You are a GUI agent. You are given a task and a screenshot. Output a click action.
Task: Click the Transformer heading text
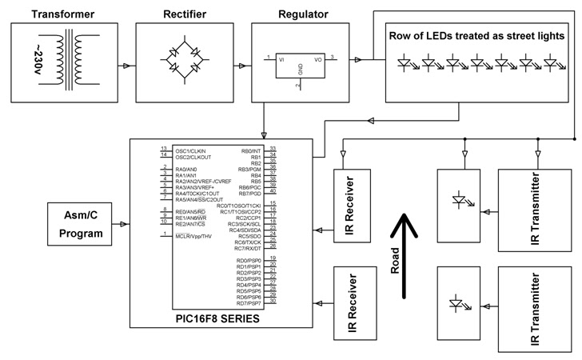pos(62,14)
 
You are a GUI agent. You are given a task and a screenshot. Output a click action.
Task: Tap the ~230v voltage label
pos(38,59)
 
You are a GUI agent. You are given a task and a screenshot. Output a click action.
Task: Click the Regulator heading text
pos(301,14)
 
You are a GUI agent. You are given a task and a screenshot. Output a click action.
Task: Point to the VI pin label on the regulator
pos(281,58)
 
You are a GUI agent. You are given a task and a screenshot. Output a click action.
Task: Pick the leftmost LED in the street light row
pos(406,61)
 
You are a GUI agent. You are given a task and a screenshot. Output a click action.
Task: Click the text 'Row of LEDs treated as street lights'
pos(477,36)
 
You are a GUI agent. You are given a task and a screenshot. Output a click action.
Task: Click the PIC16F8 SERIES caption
pos(217,318)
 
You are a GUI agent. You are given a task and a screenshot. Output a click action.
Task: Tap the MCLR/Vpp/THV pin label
pos(193,236)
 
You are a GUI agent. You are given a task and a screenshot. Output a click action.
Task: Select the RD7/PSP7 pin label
pos(249,304)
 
